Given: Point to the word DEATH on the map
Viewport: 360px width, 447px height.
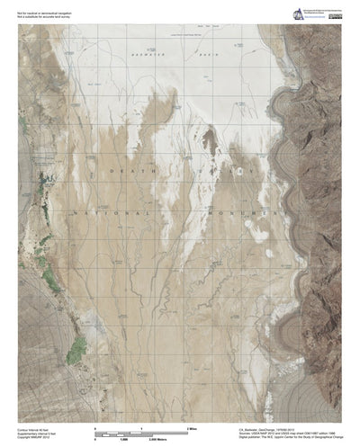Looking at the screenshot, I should click(126, 169).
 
